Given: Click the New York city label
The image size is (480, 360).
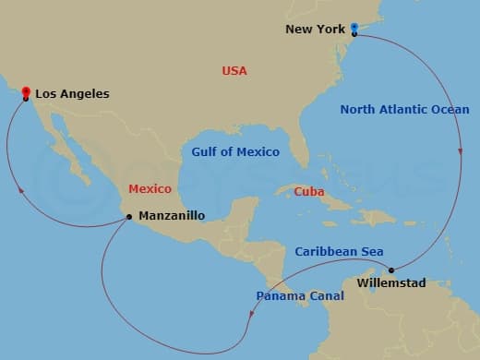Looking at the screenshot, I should [x=314, y=29].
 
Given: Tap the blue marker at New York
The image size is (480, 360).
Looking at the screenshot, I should [x=354, y=30].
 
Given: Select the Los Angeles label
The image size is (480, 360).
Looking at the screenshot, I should [x=72, y=93].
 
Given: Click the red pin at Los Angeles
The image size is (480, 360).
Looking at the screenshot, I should [x=25, y=90].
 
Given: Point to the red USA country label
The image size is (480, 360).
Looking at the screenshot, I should [x=234, y=70].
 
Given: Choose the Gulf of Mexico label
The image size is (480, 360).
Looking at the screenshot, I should [x=234, y=151].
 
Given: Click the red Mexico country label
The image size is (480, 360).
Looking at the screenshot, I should [x=150, y=188].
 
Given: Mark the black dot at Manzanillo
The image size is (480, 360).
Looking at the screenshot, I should [x=129, y=218].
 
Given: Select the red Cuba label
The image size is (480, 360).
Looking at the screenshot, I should [x=308, y=191].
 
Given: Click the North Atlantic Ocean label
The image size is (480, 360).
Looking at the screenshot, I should [x=404, y=109].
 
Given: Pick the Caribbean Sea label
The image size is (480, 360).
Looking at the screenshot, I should [x=339, y=251].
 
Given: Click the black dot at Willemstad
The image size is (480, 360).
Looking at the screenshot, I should [x=391, y=270].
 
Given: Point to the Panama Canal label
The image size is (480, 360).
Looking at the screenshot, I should [x=299, y=295].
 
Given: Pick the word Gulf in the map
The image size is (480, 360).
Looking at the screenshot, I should [x=205, y=151].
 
